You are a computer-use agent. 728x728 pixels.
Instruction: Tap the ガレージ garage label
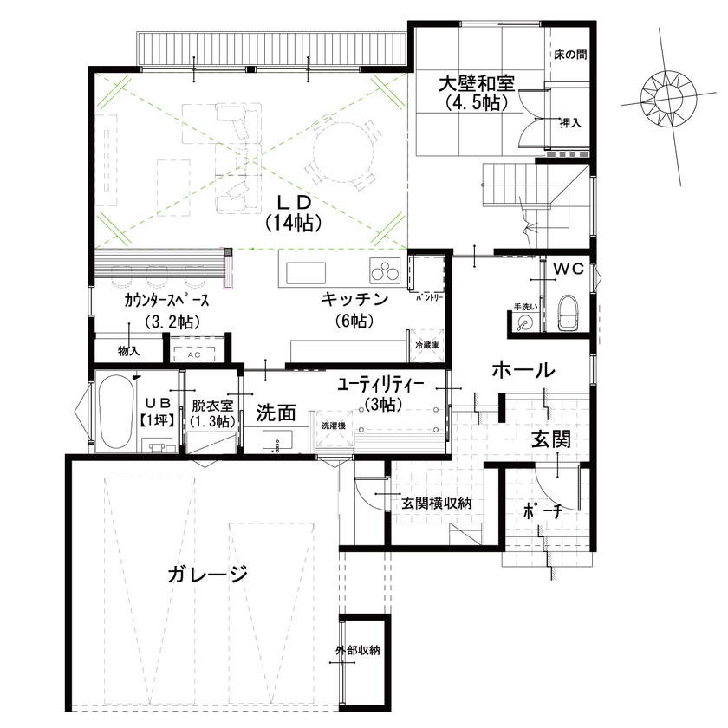pyautogui.click(x=208, y=574)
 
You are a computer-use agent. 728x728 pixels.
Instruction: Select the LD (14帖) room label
pyautogui.click(x=294, y=211)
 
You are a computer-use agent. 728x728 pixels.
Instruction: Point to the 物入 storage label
pyautogui.click(x=128, y=351)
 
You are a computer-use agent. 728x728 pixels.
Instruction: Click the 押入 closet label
pyautogui.click(x=569, y=123)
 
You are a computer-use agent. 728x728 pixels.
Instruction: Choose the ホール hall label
pyautogui.click(x=523, y=370)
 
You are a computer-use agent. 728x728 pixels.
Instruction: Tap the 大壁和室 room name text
pyautogui.click(x=475, y=84)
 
